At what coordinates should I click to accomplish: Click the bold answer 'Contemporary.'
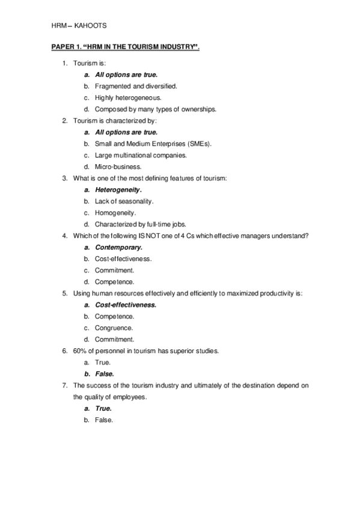[119, 247]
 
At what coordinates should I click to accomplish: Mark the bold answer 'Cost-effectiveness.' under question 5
[126, 305]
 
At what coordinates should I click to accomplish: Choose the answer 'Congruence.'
[114, 328]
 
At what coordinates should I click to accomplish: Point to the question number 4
[64, 235]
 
